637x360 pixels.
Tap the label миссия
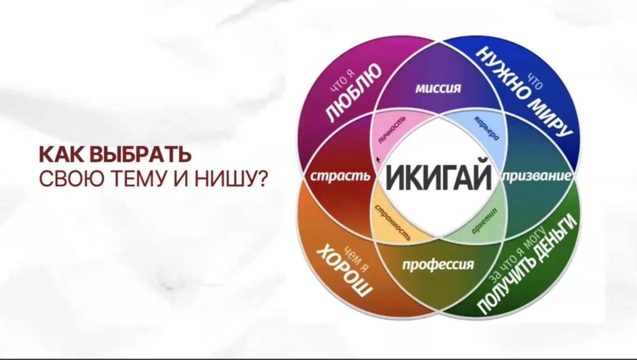click(438, 89)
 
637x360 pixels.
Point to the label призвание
click(537, 177)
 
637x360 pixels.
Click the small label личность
click(391, 129)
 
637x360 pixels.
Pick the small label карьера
click(487, 128)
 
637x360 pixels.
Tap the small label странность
click(393, 223)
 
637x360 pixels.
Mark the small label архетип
click(485, 221)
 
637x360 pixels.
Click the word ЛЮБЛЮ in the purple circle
click(353, 93)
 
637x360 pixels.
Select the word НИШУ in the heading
click(242, 179)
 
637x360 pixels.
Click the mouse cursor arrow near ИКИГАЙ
click(378, 160)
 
